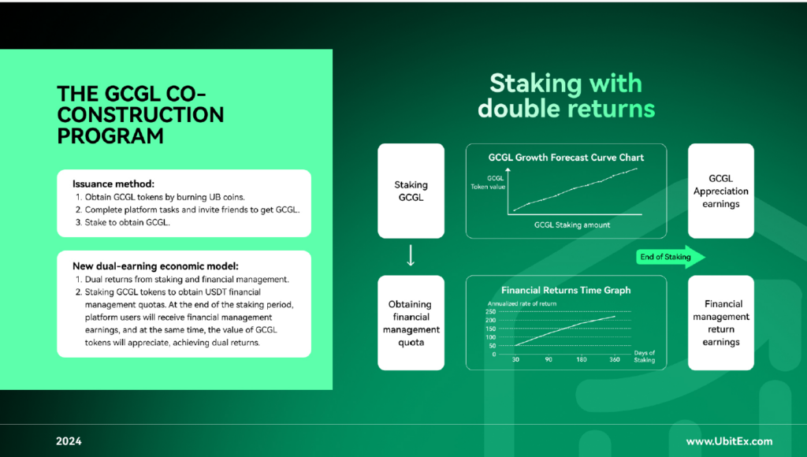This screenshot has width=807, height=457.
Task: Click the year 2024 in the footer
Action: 69,441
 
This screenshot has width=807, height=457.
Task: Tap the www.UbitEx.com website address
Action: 729,441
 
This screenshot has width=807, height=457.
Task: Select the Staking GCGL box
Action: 411,191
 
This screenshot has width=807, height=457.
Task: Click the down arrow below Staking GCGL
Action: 410,255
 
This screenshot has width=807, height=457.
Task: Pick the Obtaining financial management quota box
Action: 411,323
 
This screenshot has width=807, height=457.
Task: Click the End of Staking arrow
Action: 671,257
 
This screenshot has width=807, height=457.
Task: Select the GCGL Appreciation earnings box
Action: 720,191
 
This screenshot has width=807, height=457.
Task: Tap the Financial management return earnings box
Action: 720,323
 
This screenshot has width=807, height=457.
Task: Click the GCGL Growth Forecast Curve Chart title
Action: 566,158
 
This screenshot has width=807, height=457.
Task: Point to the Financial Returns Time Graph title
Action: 566,290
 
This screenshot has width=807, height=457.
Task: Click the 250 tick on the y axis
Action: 490,311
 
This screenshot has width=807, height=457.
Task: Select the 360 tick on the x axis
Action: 615,359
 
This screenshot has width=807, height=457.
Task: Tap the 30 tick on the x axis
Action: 515,359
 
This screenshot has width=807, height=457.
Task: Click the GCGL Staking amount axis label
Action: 572,225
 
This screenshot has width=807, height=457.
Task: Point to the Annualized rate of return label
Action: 522,303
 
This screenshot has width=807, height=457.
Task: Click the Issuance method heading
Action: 113,184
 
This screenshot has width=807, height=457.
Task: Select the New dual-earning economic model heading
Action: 155,266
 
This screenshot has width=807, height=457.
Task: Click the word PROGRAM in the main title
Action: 110,136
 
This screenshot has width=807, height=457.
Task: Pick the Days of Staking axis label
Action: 645,356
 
